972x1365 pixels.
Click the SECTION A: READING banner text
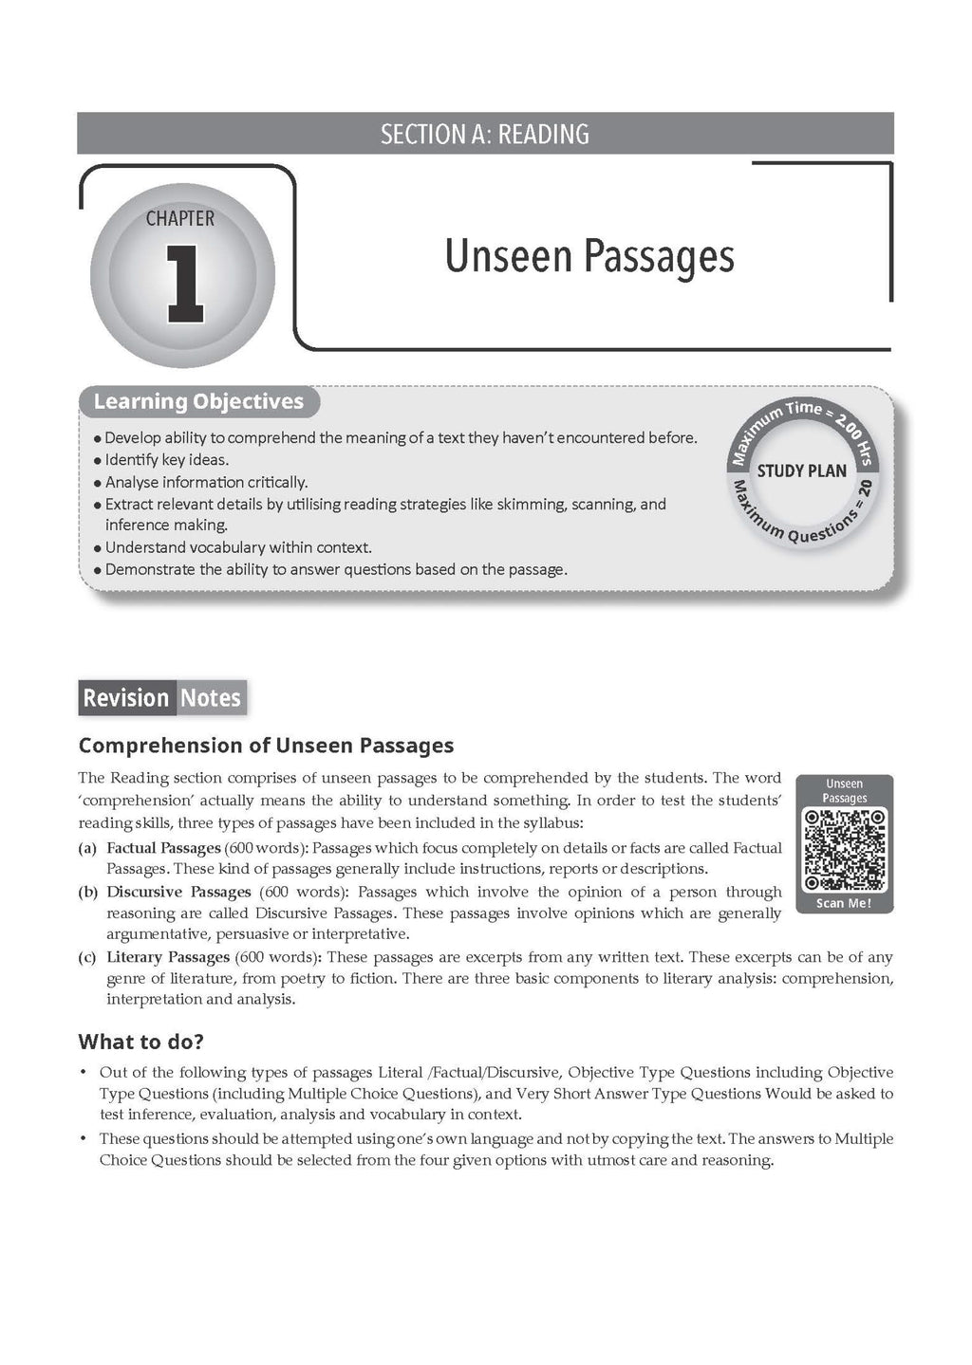[484, 134]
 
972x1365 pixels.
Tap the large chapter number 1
[184, 282]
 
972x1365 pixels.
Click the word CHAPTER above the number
[180, 218]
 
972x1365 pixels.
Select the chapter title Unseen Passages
[589, 256]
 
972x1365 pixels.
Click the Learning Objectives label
[198, 401]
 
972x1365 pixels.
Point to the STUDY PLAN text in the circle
[801, 470]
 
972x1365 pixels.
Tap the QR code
[844, 849]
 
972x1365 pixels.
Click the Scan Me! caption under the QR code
[844, 903]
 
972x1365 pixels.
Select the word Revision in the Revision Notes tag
[125, 698]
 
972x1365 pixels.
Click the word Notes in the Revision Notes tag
[211, 698]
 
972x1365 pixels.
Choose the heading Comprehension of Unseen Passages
[266, 746]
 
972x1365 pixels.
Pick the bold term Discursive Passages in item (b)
[178, 892]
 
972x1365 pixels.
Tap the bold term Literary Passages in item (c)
[168, 957]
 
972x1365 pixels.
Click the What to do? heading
[140, 1042]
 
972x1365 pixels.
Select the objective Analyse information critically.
[206, 482]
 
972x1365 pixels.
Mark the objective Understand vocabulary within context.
[238, 547]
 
